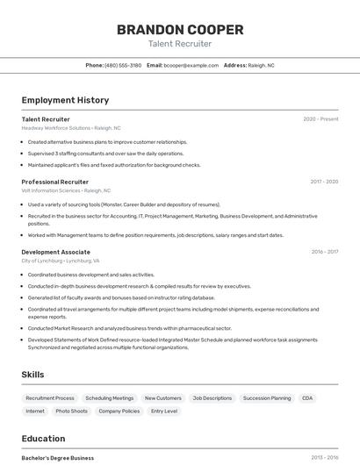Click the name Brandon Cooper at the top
pyautogui.click(x=180, y=29)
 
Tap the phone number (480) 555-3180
pyautogui.click(x=123, y=65)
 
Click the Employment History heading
pyautogui.click(x=65, y=100)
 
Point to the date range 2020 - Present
pyautogui.click(x=320, y=118)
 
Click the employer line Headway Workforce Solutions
pyautogui.click(x=71, y=128)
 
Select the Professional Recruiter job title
pyautogui.click(x=55, y=182)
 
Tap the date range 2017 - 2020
pyautogui.click(x=324, y=182)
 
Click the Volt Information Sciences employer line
pyautogui.click(x=66, y=190)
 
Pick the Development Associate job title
pyautogui.click(x=56, y=252)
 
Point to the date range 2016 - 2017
pyautogui.click(x=324, y=252)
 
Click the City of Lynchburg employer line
pyautogui.click(x=61, y=261)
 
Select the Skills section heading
pyautogui.click(x=33, y=375)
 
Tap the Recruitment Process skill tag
pyautogui.click(x=50, y=398)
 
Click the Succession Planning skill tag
pyautogui.click(x=267, y=398)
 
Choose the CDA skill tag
pyautogui.click(x=307, y=398)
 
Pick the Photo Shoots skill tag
pyautogui.click(x=72, y=411)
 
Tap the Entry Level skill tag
pyautogui.click(x=164, y=411)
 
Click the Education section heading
pyautogui.click(x=43, y=439)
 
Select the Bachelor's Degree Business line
pyautogui.click(x=58, y=457)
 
